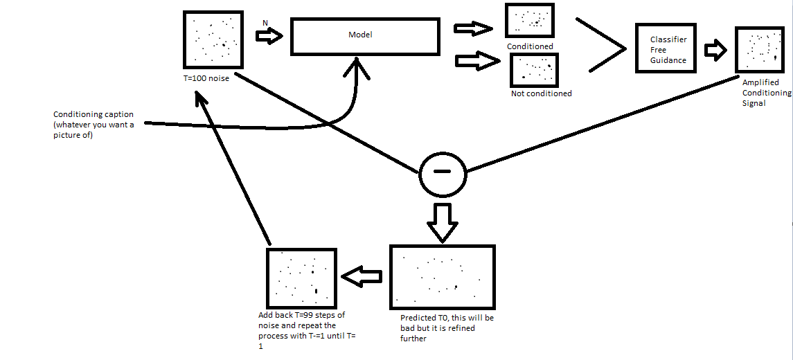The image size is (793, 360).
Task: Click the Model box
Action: (x=365, y=36)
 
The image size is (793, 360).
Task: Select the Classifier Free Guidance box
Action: (x=666, y=49)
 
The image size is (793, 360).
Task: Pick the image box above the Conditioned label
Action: (x=530, y=21)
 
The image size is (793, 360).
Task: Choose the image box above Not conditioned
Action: (x=534, y=71)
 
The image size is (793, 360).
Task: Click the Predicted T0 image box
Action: (x=443, y=277)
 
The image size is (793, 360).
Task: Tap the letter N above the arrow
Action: (x=265, y=23)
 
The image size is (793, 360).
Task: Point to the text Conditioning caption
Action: (x=93, y=114)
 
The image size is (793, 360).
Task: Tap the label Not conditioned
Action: (x=541, y=93)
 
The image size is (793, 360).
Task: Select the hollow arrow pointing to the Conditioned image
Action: (x=473, y=28)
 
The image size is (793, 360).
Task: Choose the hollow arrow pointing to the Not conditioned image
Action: (x=477, y=61)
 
